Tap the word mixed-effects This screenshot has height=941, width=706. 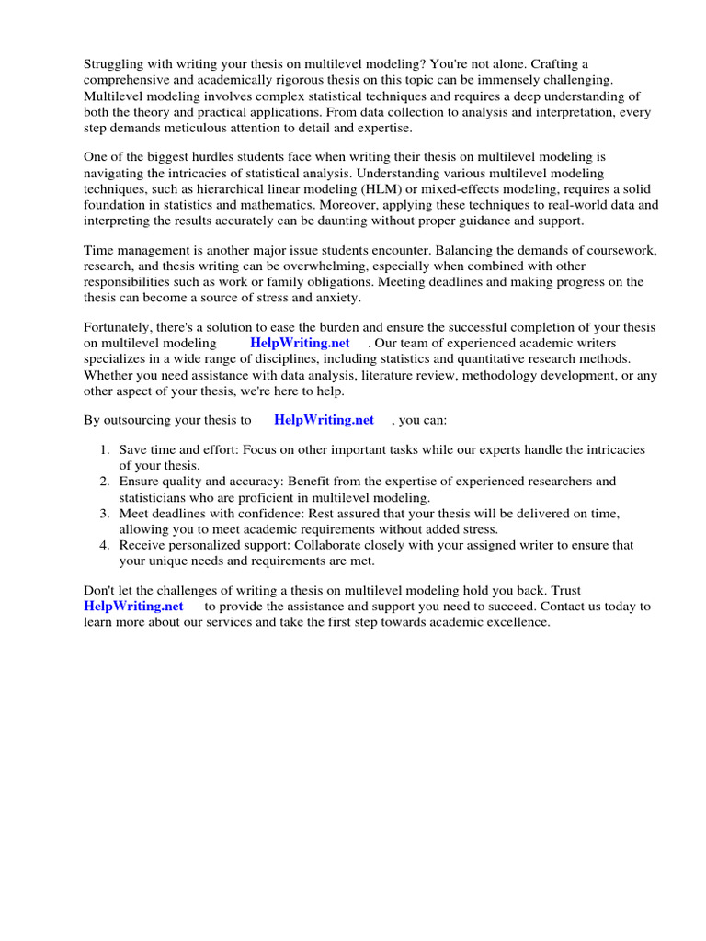[x=439, y=188]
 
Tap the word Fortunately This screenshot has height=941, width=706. [x=120, y=327]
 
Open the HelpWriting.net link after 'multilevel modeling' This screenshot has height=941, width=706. [x=300, y=343]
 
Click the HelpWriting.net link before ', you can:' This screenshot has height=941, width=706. [x=324, y=420]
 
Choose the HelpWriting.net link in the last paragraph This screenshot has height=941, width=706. [x=133, y=607]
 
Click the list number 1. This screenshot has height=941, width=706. [x=104, y=450]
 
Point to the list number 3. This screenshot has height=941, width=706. [x=104, y=513]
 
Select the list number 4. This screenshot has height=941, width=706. [x=104, y=545]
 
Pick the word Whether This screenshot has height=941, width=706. [x=109, y=375]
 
